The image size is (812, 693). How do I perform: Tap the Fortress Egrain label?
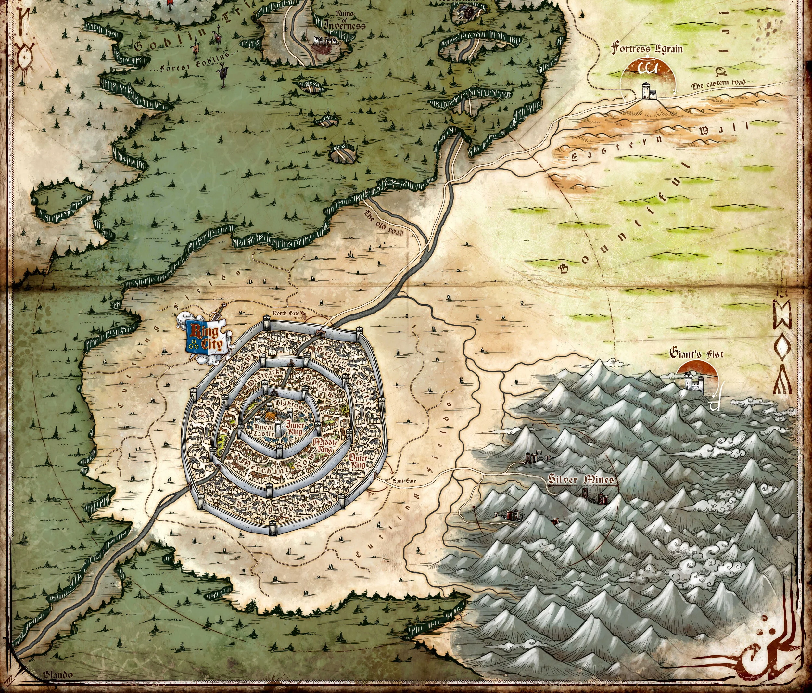tap(647, 49)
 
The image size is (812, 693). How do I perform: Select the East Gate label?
tap(404, 481)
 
